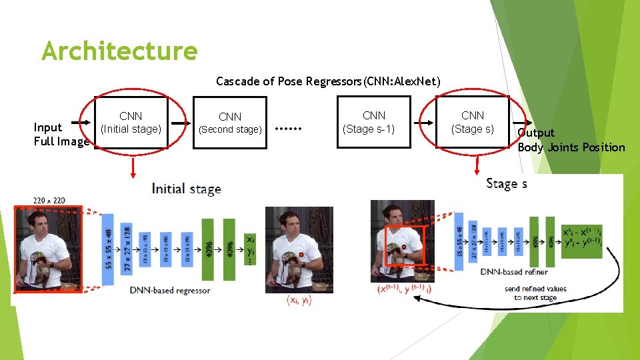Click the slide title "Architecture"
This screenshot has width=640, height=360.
tap(119, 51)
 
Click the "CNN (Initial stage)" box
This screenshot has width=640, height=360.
tap(131, 122)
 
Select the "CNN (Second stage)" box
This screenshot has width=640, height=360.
tap(230, 123)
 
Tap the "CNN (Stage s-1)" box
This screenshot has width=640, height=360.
tap(373, 122)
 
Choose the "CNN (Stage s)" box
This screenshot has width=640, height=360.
tap(473, 122)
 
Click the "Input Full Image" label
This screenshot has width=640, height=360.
tap(61, 134)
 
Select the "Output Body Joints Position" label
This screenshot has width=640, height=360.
tap(571, 140)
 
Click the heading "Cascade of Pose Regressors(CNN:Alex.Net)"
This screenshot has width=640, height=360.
tap(328, 81)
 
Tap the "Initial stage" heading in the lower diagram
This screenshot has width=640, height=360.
tap(187, 189)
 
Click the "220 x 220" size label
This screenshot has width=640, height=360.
tap(50, 200)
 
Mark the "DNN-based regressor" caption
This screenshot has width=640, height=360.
tap(169, 290)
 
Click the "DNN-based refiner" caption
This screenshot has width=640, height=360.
tap(514, 271)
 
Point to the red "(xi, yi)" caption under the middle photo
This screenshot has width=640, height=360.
tap(299, 301)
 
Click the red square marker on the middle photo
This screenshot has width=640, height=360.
tap(301, 255)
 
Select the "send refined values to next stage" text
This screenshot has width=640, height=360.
tap(535, 293)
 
